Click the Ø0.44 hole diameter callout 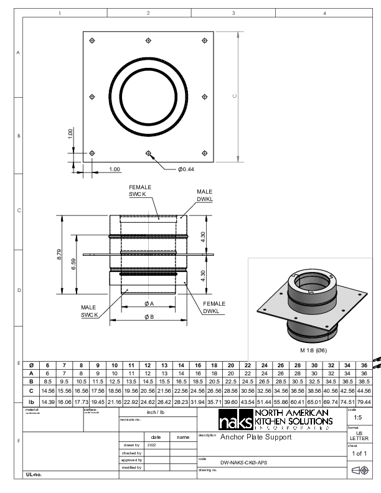pos(186,169)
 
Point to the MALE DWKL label pos(205,195)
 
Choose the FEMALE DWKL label pos(214,308)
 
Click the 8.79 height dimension pos(59,255)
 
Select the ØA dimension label pos(149,304)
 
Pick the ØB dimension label pos(149,317)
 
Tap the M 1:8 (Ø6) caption pos(314,350)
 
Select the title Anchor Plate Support pos(255,437)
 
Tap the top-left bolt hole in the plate pos(92,41)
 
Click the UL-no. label pos(34,475)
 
